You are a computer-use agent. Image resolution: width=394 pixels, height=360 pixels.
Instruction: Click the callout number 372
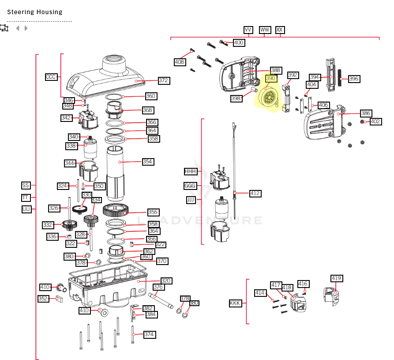coord(164,80)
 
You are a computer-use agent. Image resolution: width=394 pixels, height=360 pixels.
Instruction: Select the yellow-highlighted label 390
coord(271,78)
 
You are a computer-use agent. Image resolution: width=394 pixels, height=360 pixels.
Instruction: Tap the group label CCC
coord(51,77)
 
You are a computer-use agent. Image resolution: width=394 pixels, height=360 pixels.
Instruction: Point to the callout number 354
coord(148,162)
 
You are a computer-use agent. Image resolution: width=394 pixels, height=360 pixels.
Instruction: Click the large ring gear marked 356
coord(116,210)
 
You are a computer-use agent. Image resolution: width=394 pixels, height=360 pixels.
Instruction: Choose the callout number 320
coord(166,281)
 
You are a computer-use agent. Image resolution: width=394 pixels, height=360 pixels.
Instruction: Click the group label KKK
coord(235,303)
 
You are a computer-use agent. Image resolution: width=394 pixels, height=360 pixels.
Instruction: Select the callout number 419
coord(337,278)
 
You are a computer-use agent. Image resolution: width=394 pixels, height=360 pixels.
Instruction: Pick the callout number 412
coord(255,193)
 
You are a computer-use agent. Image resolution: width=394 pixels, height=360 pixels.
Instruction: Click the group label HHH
coord(190,171)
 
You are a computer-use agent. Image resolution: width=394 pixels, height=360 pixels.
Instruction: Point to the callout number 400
coord(239,43)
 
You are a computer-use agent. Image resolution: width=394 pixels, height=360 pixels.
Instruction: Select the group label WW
coord(265,30)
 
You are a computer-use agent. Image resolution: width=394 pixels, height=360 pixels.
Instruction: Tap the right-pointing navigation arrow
coord(26,28)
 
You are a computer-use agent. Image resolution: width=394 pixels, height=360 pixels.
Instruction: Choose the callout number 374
coord(150,334)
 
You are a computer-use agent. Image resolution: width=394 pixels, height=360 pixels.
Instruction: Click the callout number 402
coord(375,121)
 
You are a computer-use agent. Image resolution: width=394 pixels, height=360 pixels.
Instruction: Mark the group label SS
coord(26,186)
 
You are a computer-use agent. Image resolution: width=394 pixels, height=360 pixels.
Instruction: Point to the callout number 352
coord(43,299)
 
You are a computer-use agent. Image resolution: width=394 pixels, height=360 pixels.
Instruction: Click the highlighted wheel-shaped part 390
coord(270,97)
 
